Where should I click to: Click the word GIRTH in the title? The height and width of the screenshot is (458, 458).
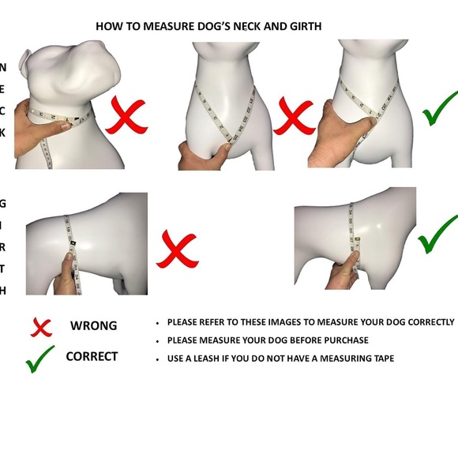coord(306,27)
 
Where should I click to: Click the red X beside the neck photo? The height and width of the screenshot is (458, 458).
coord(126,115)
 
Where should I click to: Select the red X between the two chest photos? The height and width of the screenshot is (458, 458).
coord(293,116)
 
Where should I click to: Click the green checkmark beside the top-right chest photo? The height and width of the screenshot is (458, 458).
coord(440,108)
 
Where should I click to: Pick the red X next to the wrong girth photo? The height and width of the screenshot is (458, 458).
coord(178,250)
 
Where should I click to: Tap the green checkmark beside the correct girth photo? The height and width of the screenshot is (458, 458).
coord(437,235)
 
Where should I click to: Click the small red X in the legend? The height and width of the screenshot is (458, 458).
coord(41,327)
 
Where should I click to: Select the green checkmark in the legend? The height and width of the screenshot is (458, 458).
coord(40,359)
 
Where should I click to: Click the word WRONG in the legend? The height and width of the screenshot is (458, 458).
coord(93,325)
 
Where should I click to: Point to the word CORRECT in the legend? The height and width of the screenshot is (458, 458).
coord(92,356)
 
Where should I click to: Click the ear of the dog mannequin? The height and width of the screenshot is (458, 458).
coord(24,60)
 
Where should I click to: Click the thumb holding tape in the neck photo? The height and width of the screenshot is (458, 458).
coord(62,126)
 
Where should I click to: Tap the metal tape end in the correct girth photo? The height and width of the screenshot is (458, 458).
coord(358,240)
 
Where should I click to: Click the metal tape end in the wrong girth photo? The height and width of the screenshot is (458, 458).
coord(72,243)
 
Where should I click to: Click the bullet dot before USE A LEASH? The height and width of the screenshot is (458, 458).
coord(158,359)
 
